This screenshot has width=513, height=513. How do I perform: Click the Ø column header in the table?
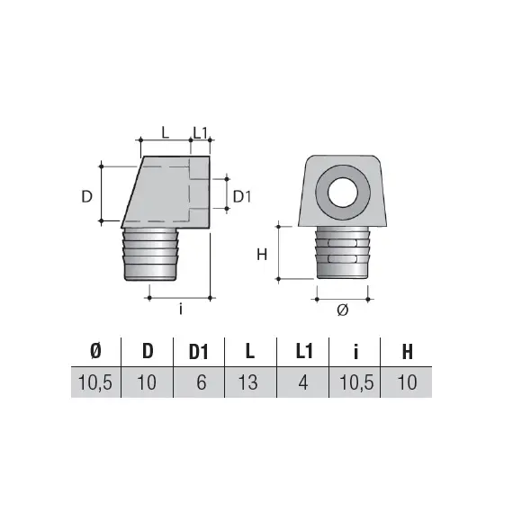pos(96,352)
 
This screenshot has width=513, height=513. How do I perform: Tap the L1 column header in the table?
pos(304,352)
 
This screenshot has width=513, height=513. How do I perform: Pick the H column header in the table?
pos(407,352)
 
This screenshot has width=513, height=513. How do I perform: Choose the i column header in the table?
pos(355,352)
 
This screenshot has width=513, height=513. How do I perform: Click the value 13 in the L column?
pos(249,382)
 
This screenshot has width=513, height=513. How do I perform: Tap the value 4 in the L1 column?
pos(304,382)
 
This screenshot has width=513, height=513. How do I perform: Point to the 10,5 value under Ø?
pos(95,382)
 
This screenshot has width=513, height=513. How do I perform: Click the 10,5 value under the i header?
pos(356,382)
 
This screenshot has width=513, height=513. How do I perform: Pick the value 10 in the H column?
pos(407,382)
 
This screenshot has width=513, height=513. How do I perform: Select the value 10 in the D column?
pos(148,382)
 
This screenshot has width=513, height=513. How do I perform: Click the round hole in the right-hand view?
pos(344,193)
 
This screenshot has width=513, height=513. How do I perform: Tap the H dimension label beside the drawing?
pos(262,254)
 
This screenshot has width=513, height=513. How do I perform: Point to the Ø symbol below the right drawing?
pos(342,309)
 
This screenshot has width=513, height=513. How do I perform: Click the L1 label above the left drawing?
pos(201,131)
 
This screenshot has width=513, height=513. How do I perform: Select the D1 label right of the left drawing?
pos(241,195)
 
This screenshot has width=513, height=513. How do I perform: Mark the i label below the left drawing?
pos(180,310)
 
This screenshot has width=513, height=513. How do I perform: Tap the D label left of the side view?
pos(87,195)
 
